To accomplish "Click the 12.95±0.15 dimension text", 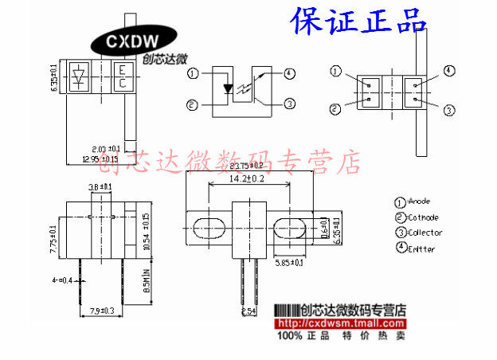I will [100, 158].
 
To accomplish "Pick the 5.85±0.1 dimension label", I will [289, 262].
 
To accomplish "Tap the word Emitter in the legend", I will [422, 248].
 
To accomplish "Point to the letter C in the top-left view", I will [123, 83].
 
